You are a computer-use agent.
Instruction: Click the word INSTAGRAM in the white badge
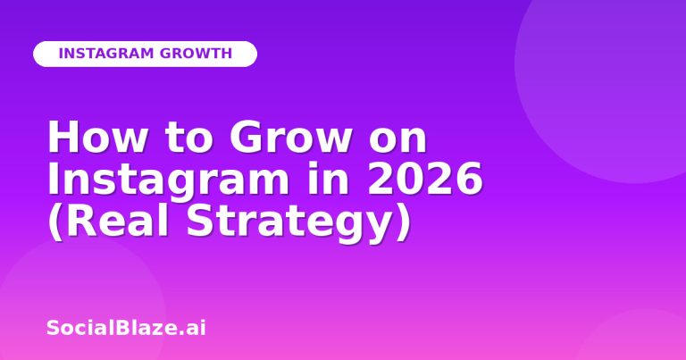tap(106, 54)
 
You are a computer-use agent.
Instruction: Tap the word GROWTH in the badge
tap(196, 54)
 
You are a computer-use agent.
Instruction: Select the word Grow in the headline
tap(290, 137)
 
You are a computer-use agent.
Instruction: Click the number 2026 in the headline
tap(425, 178)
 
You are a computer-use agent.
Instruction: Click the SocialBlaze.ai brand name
tap(126, 328)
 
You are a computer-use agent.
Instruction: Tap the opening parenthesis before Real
tap(55, 223)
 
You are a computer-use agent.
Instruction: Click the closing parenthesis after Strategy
tap(404, 223)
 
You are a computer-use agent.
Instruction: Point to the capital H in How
tap(63, 137)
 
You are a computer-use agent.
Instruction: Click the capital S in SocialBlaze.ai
tap(53, 328)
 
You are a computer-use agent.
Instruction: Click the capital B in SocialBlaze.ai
tap(122, 328)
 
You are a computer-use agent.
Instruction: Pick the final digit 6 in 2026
tap(470, 178)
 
